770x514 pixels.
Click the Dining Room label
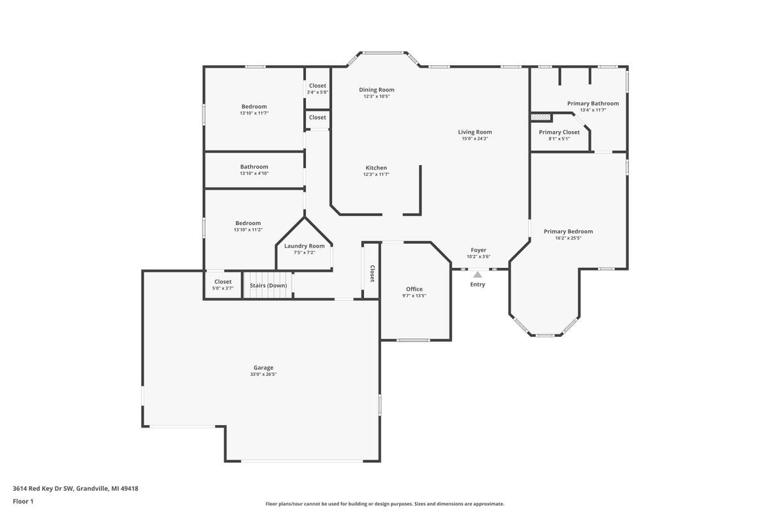click(377, 90)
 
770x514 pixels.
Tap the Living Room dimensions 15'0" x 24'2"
click(475, 139)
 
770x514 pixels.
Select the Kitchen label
click(376, 168)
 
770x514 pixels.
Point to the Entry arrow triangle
click(478, 275)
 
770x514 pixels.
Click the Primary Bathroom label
click(593, 104)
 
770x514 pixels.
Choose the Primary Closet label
click(559, 132)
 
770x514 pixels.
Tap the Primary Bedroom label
click(568, 231)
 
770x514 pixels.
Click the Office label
click(414, 289)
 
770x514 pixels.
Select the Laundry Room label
click(305, 246)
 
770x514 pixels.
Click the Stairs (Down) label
click(268, 285)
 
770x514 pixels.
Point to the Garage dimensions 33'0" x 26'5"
click(263, 375)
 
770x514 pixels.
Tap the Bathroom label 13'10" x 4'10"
click(254, 167)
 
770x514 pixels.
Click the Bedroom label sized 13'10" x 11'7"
click(254, 107)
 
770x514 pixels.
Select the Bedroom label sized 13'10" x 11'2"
click(248, 223)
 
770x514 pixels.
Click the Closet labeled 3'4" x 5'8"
click(317, 86)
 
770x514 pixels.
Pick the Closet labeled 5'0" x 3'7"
click(223, 282)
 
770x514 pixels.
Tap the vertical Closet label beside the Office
click(372, 274)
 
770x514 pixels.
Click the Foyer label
click(479, 250)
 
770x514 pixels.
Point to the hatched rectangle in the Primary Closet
click(541, 118)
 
